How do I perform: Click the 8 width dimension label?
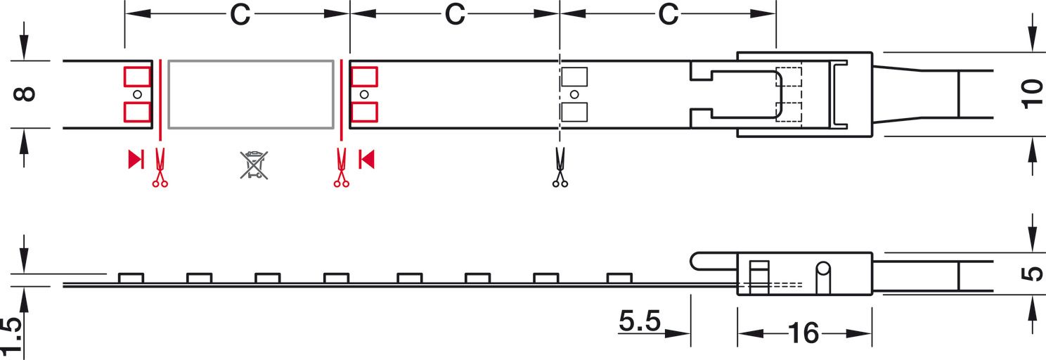point(25,94)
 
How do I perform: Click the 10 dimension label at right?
point(1032,94)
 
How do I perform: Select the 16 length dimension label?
point(803,333)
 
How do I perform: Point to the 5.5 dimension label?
point(640,321)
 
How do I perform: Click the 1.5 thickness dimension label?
point(11,336)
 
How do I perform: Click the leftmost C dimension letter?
point(240,15)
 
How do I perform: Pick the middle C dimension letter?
point(454,15)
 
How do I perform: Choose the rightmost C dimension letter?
point(669,15)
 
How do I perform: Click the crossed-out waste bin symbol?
point(254,165)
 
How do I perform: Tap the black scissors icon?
point(560,167)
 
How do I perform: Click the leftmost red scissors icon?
point(160,167)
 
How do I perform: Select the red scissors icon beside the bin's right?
point(342,167)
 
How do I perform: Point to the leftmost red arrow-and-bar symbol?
point(136,159)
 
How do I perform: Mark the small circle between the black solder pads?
point(574,94)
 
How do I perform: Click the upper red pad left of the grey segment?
point(137,77)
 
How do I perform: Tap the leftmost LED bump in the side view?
point(131,278)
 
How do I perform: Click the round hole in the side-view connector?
point(823,269)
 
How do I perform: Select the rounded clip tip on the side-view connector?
point(696,262)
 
